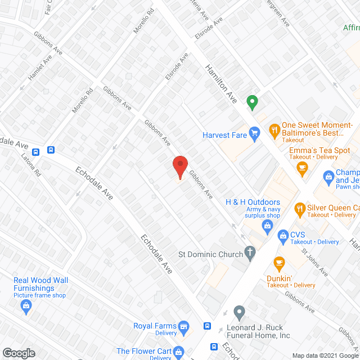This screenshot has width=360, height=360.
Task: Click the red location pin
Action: (179, 167)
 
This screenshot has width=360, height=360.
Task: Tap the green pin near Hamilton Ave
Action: (253, 102)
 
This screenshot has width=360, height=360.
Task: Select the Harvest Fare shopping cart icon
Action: (254, 133)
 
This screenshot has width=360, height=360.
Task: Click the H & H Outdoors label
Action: (253, 202)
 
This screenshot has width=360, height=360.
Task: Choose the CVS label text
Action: (298, 235)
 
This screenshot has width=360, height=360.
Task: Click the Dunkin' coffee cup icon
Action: (278, 262)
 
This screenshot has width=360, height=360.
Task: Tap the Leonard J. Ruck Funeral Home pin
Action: (240, 311)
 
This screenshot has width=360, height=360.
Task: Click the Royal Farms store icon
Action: (183, 326)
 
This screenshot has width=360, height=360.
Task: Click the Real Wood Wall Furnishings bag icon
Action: (25, 305)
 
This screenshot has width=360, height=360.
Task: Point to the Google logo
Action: (18, 353)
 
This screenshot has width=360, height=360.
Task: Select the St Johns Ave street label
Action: (314, 261)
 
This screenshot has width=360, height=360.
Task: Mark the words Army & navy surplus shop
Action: (253, 212)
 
